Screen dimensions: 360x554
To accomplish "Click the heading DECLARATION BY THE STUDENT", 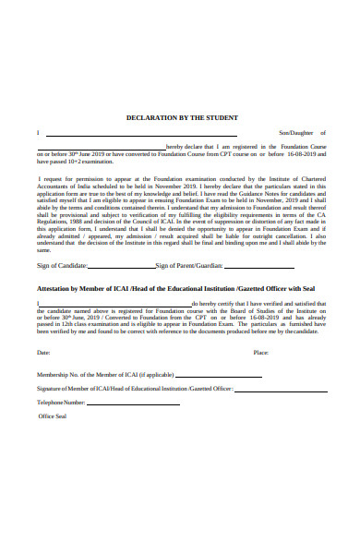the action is [x=182, y=118].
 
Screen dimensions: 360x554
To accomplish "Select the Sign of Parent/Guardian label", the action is [x=189, y=265].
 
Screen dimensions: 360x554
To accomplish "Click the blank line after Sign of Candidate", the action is [x=120, y=267].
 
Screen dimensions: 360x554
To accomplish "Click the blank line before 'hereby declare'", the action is [x=102, y=148].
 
